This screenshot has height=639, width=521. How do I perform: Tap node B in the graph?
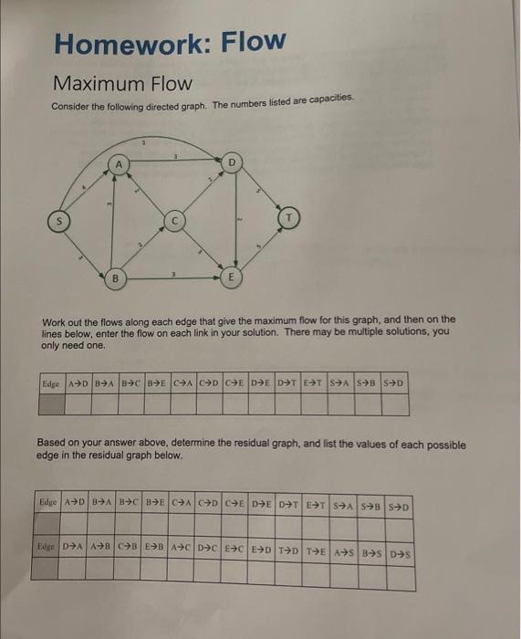click(x=116, y=277)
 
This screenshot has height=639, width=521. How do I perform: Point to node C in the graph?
click(x=176, y=220)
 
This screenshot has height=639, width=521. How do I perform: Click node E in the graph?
click(x=233, y=276)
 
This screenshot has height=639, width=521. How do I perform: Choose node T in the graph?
click(x=291, y=219)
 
